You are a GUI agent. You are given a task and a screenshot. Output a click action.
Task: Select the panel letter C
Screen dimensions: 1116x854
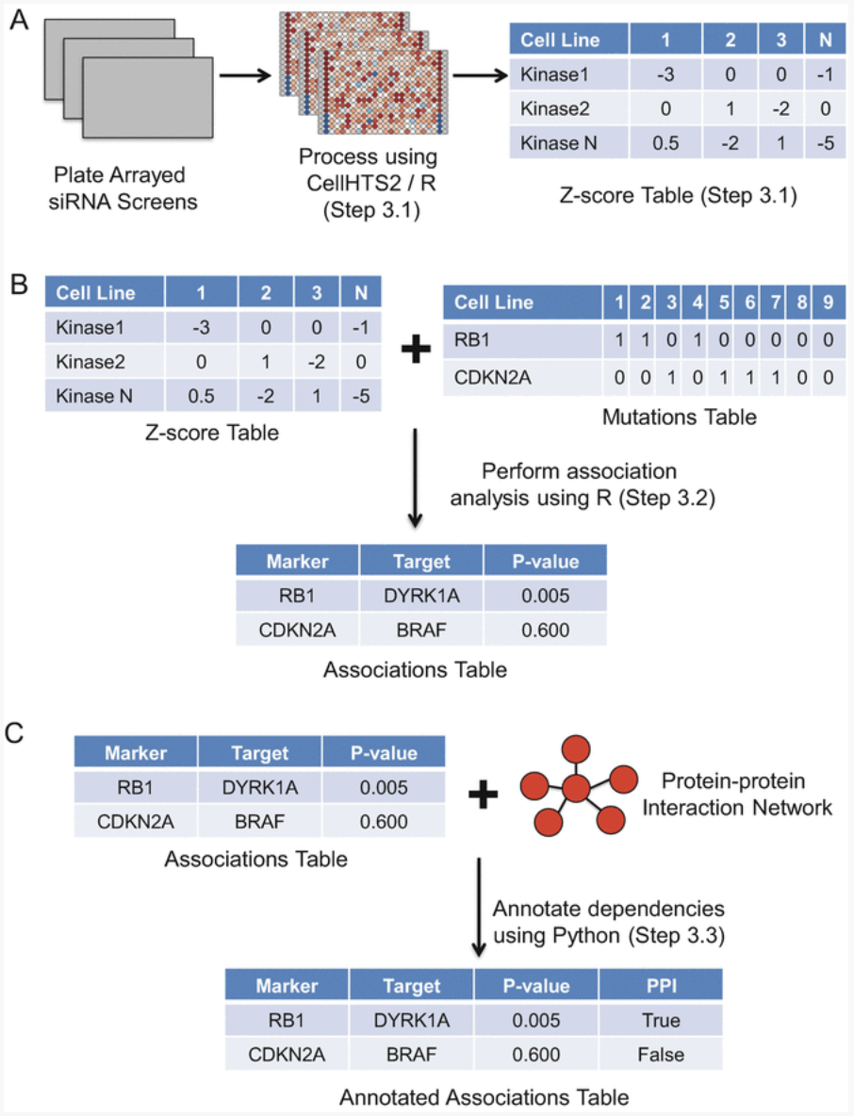18,733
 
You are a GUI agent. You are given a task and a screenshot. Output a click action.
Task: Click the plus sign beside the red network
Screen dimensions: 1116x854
483,796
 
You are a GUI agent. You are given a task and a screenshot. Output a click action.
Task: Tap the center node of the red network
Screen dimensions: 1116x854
577,787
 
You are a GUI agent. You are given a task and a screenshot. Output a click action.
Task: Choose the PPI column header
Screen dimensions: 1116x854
660,986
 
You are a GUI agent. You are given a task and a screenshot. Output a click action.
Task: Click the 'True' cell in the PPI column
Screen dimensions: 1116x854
660,1021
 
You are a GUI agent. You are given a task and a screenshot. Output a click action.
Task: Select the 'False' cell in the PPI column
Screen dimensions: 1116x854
660,1055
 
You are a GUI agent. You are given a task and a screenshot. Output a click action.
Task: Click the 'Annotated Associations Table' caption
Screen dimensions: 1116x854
484,1096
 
